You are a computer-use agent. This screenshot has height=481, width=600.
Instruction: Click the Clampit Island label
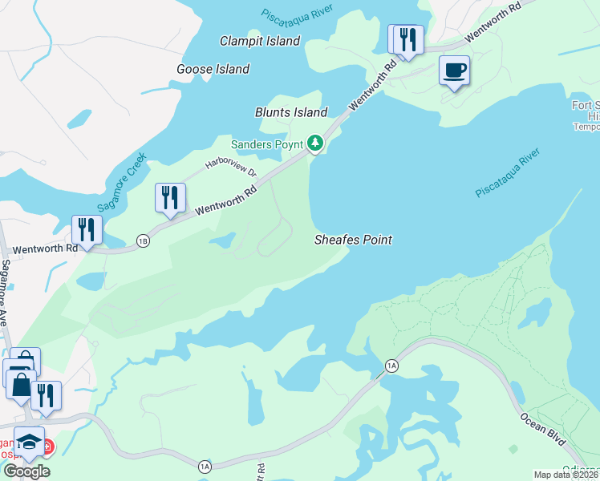click(260, 41)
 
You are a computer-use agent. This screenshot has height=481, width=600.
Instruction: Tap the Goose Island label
click(213, 70)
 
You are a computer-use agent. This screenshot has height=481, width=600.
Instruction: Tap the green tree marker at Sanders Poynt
click(316, 143)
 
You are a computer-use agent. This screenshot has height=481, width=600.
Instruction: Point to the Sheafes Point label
click(352, 240)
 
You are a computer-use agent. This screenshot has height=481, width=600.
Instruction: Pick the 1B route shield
click(143, 240)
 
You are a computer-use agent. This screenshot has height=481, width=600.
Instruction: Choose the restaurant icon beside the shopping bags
click(46, 395)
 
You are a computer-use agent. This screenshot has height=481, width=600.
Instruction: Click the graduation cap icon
click(29, 442)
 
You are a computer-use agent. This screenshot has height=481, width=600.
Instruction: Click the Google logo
click(26, 471)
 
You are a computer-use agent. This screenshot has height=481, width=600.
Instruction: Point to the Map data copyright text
click(566, 475)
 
